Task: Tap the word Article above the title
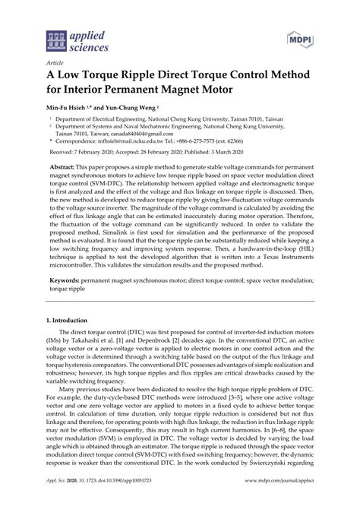55,65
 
